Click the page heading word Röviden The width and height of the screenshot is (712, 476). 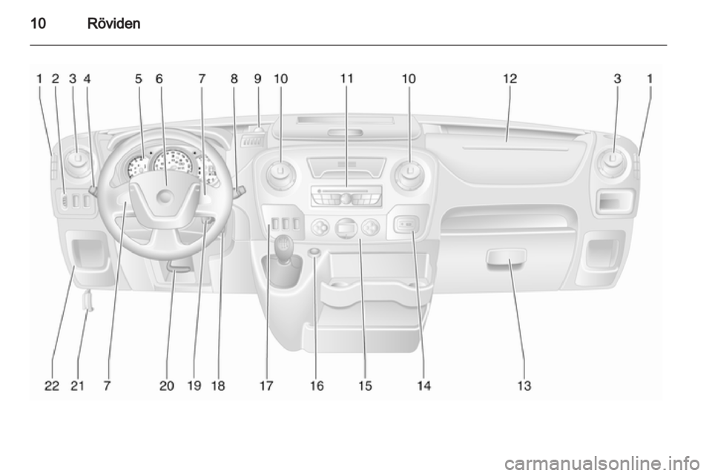[113, 23]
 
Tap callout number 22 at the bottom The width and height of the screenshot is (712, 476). [52, 386]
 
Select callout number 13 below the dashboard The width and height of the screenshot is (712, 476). [524, 386]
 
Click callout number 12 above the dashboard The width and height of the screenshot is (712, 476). [510, 79]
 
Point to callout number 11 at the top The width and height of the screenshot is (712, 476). [346, 79]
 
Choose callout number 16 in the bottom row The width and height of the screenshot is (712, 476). [317, 386]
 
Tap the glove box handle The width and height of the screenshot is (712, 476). [506, 257]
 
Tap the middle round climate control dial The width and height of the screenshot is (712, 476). [346, 228]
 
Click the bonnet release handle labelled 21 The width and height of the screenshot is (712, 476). [88, 301]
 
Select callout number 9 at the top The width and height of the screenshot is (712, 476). [258, 79]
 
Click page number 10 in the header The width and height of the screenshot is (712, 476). [38, 23]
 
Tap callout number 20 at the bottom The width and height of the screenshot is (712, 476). [167, 386]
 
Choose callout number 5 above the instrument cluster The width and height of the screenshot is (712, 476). [139, 79]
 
